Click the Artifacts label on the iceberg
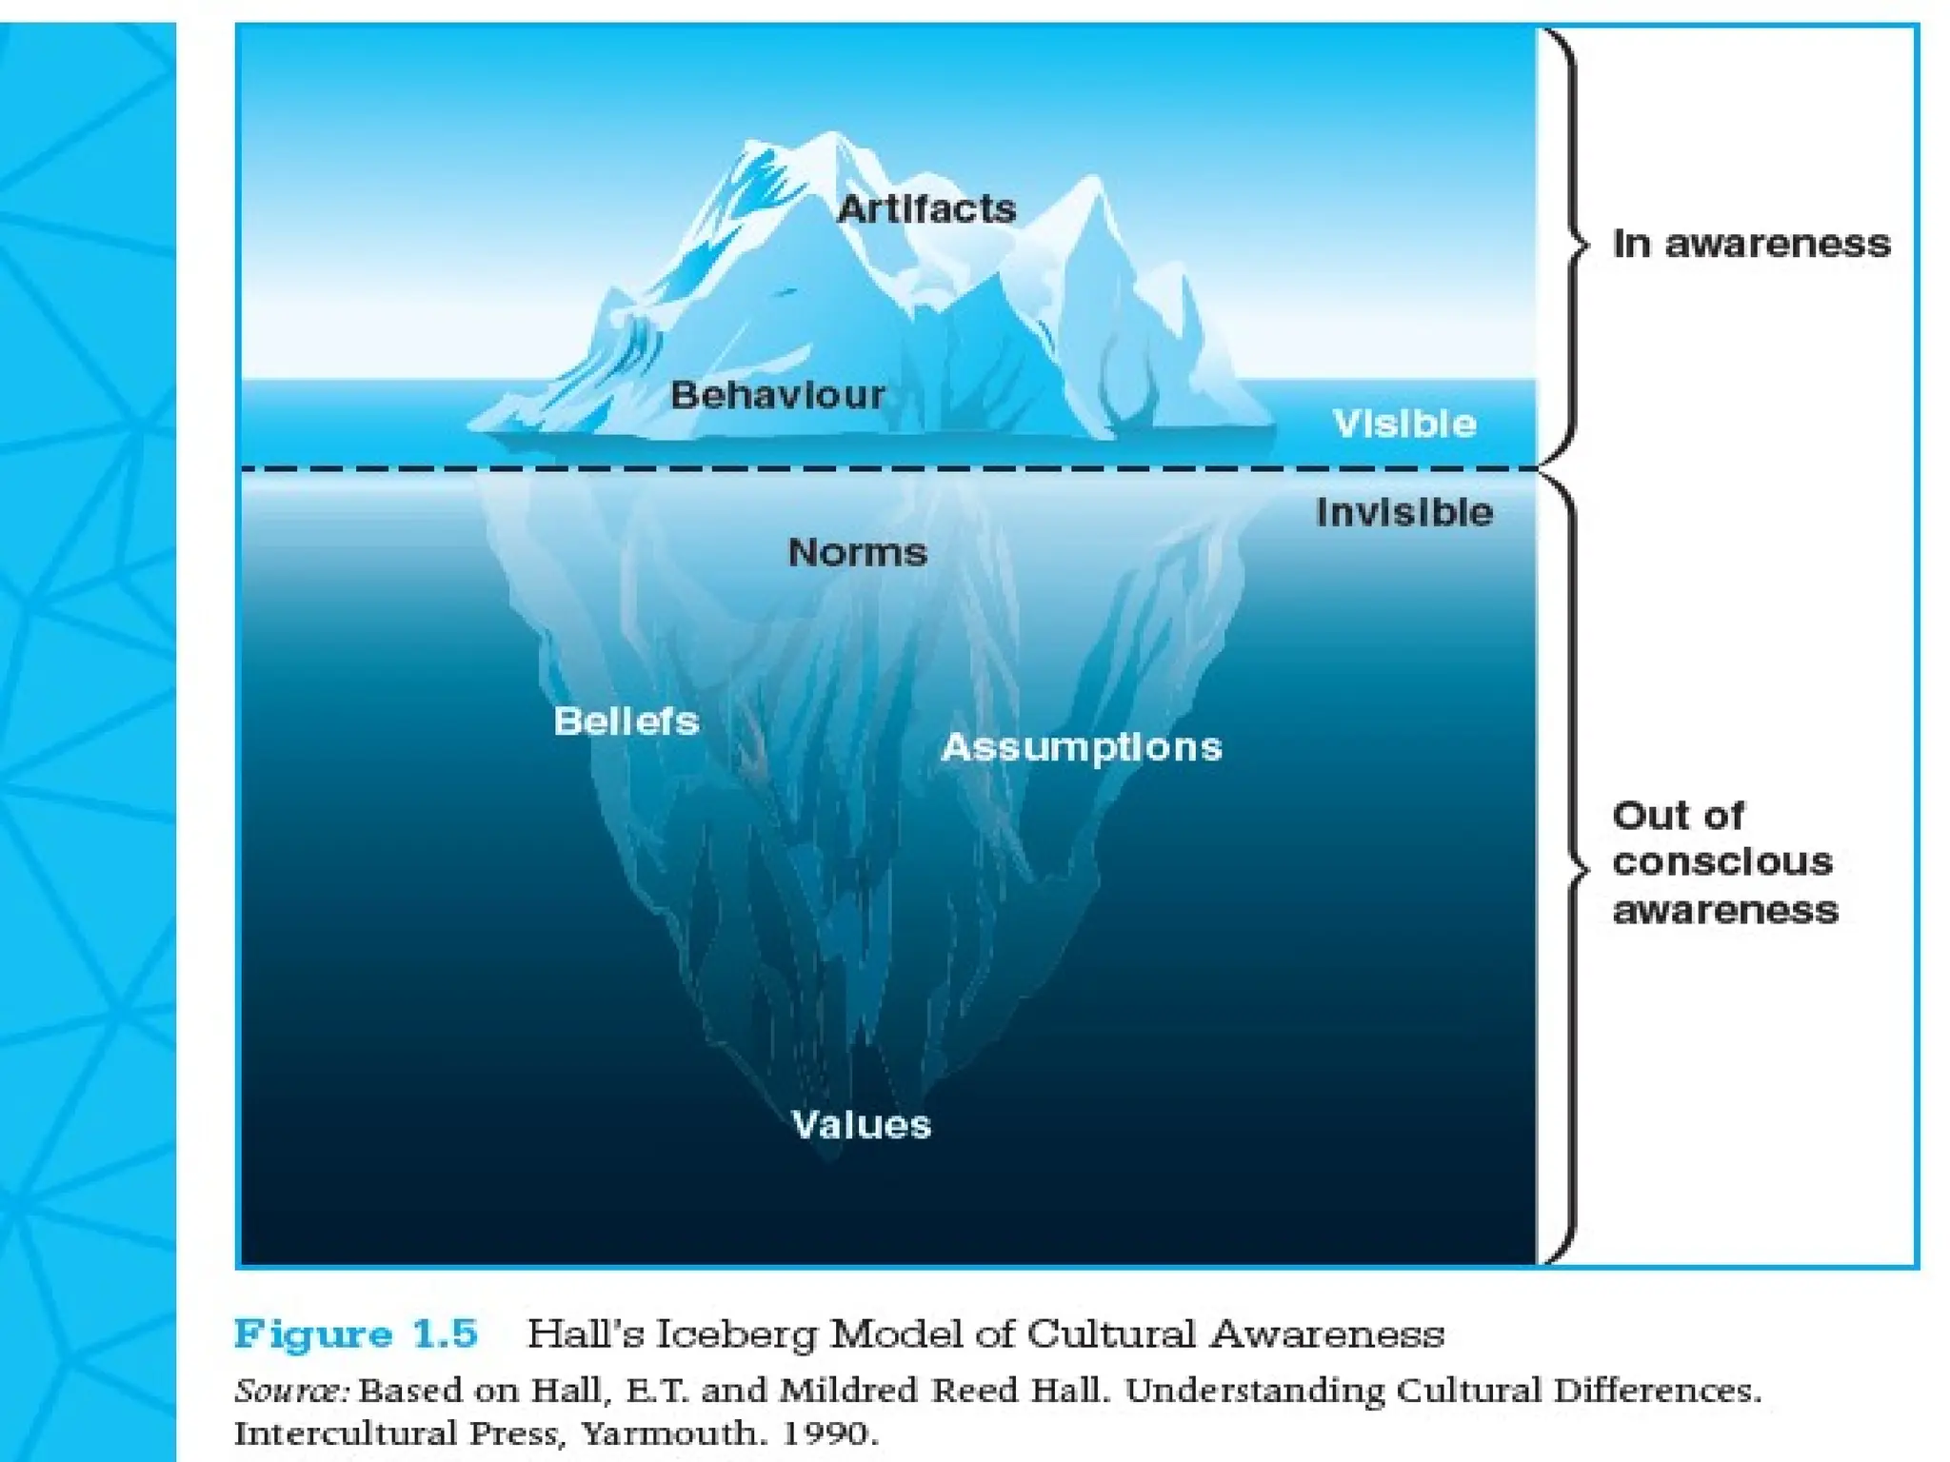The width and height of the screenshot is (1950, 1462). tap(925, 209)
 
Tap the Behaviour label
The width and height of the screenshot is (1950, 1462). tap(777, 395)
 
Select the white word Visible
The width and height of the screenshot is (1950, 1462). tap(1404, 424)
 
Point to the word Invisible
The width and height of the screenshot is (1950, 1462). tap(1404, 513)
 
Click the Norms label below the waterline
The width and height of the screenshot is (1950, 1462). tap(857, 552)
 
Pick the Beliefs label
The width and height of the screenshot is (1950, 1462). tap(627, 721)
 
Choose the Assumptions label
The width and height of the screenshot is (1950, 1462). tap(1082, 747)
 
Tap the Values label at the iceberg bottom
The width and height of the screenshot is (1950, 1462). tap(861, 1125)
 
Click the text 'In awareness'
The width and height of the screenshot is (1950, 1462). tap(1751, 245)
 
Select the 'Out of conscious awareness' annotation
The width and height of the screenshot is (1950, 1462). tap(1724, 862)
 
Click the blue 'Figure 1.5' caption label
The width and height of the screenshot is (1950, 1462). tap(356, 1334)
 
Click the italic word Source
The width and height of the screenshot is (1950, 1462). tap(291, 1391)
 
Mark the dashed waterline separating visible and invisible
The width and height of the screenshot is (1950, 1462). tap(885, 468)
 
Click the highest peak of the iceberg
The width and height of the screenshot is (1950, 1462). tap(832, 135)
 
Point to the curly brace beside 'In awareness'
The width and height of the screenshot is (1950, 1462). tap(1569, 245)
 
